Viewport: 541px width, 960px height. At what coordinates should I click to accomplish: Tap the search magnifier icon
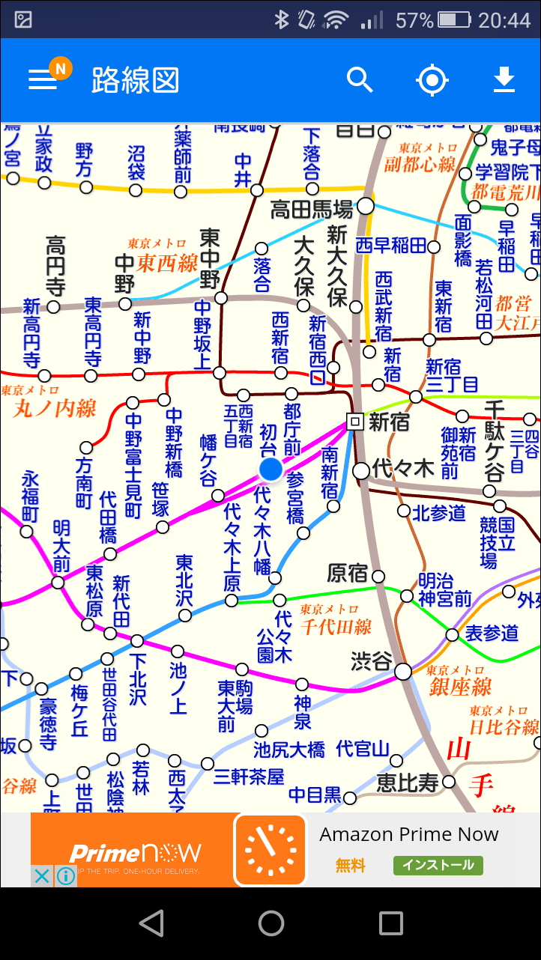[x=360, y=79]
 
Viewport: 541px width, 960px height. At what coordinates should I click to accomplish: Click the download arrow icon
[x=504, y=79]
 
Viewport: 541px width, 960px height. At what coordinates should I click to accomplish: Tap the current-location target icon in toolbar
[x=432, y=80]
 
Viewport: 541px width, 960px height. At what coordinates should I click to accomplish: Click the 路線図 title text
[x=136, y=80]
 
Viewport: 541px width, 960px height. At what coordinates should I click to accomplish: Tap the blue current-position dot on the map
[x=270, y=470]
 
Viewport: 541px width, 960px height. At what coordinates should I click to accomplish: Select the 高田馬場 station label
[x=311, y=209]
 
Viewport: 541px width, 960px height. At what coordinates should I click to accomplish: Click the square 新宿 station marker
[x=356, y=422]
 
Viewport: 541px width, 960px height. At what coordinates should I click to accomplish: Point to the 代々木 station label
[x=403, y=470]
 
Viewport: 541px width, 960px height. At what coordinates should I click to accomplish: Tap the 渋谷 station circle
[x=403, y=671]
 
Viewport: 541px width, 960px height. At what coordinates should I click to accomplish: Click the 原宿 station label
[x=348, y=574]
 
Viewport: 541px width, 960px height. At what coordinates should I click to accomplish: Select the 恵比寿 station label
[x=407, y=783]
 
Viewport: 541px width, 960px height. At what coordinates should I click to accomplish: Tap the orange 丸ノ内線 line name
[x=55, y=408]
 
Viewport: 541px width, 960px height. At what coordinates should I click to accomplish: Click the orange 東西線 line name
[x=167, y=263]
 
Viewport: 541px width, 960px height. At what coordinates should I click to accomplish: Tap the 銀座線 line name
[x=460, y=686]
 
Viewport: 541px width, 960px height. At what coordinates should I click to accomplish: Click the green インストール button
[x=438, y=865]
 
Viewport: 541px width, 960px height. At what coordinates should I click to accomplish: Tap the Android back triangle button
[x=151, y=923]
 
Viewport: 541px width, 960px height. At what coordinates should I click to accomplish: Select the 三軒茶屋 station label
[x=249, y=777]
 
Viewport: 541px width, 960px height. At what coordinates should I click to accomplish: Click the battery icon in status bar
[x=453, y=19]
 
